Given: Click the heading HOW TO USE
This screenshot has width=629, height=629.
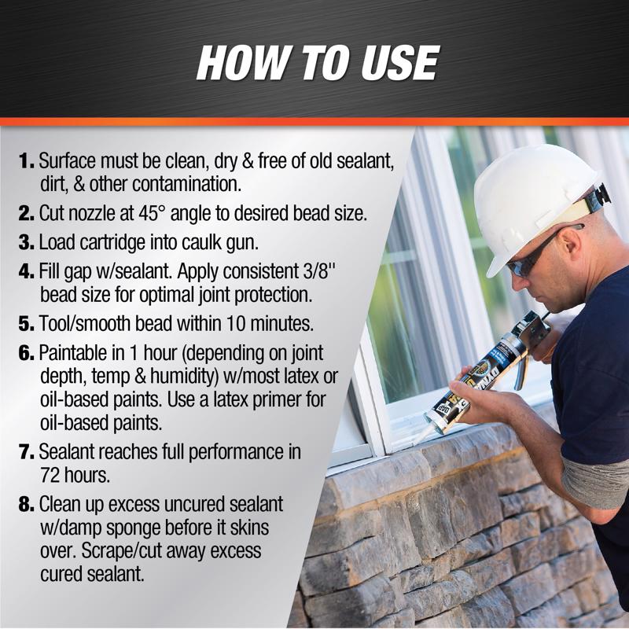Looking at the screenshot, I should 316,63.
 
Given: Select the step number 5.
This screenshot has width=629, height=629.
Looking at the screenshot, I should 27,324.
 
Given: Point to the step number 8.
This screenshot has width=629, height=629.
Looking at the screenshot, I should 27,502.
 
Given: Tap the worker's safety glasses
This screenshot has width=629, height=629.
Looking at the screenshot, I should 535,256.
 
